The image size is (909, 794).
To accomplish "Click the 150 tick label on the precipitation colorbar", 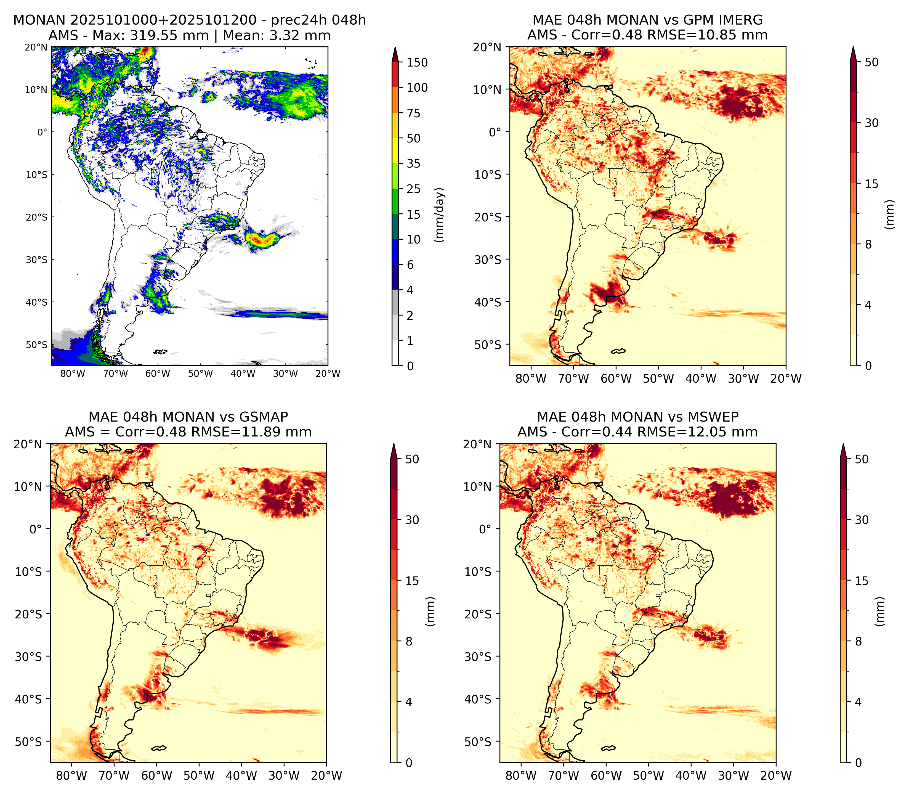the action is tap(417, 62).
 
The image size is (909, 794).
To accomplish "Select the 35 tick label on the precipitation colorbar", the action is tap(414, 163).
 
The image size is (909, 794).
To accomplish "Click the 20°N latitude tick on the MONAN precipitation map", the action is tap(36, 47).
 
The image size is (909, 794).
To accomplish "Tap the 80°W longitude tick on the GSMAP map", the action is tap(72, 776).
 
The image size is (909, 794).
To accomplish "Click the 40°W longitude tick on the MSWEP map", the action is tap(691, 776).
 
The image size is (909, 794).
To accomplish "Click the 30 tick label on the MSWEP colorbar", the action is tap(862, 520).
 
